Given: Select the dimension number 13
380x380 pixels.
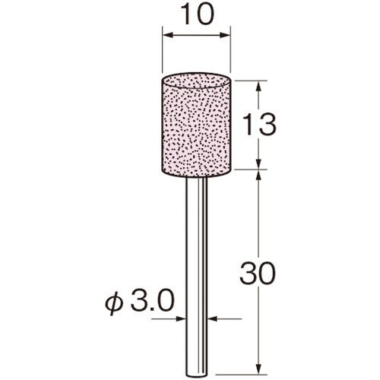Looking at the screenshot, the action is (x=258, y=125).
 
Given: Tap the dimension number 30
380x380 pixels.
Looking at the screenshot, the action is (x=258, y=273).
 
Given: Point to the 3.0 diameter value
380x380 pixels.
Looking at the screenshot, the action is (x=152, y=300).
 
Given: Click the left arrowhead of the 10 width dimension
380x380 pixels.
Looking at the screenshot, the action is (x=168, y=35).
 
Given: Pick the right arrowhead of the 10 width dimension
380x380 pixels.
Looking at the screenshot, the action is (x=224, y=35).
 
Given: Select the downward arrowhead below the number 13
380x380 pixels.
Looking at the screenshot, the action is (x=258, y=163).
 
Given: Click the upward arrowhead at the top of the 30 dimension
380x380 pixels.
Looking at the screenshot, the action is (x=258, y=176).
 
